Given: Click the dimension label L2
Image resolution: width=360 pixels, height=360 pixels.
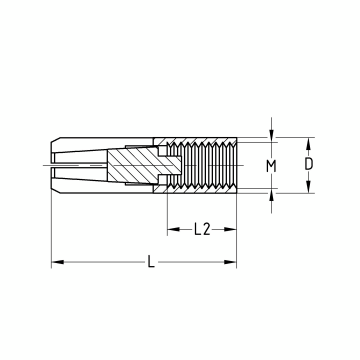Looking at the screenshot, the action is point(202,229).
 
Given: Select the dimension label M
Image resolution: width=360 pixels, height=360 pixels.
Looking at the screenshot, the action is point(271,166).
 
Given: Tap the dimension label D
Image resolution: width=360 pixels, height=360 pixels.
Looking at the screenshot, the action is point(309,164).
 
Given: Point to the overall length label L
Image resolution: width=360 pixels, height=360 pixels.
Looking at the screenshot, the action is point(151,261).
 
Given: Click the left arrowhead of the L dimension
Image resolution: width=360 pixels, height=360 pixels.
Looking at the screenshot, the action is point(57,262).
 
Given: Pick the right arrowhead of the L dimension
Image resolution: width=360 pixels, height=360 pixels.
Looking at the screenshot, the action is point(230,262).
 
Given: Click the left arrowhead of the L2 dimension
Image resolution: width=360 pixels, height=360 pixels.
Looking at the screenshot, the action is point(174,229).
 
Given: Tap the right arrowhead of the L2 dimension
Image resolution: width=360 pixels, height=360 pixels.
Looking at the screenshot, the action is point(230,229).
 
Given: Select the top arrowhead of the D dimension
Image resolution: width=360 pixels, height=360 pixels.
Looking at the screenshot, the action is point(309,144).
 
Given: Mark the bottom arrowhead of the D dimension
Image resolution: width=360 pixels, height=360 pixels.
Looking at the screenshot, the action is point(309,187).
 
